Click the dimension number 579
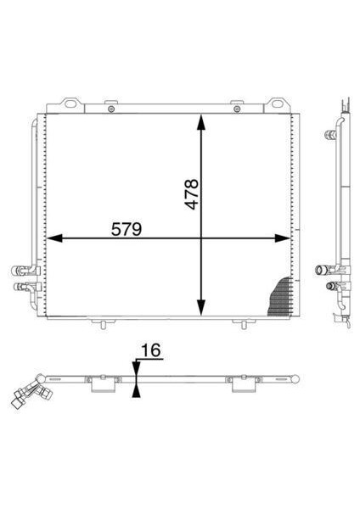point(127,229)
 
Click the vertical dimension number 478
point(191,193)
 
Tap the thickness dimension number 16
point(151,350)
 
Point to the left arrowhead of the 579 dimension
point(54,238)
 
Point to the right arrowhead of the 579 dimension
point(283,238)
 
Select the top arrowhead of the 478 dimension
point(201,122)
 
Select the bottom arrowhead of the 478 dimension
point(201,307)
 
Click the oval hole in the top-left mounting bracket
point(70,103)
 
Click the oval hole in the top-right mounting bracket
point(277,103)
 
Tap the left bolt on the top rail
point(111,109)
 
